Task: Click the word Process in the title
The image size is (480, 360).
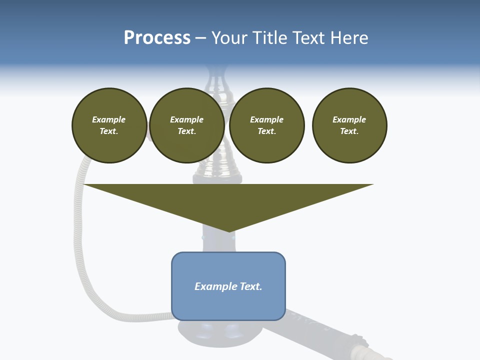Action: coord(157,38)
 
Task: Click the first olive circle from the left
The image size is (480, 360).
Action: coord(109,125)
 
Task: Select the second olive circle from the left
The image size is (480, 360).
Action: coord(186,125)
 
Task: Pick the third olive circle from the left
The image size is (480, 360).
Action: coord(266,125)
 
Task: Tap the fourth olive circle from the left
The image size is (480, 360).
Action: coord(349,125)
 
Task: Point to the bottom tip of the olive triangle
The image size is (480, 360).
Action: coord(229,231)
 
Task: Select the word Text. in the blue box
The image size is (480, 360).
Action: coord(250,286)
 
